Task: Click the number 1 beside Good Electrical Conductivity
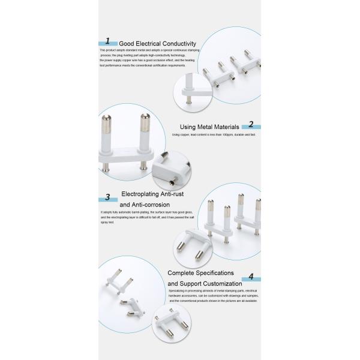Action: (107, 41)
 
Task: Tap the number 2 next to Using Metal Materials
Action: (251, 125)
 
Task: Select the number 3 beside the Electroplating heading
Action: (107, 197)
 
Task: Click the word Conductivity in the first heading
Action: (175, 43)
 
